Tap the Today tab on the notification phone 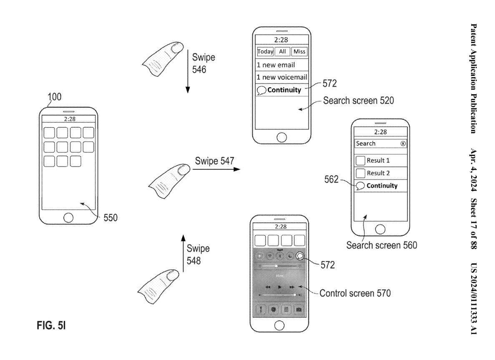point(265,52)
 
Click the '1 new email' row point(276,65)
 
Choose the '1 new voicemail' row point(282,78)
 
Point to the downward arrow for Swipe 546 point(188,71)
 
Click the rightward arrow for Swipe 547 point(217,169)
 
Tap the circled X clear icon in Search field point(403,143)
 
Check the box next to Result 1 point(360,161)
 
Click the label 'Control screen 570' point(355,294)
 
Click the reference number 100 point(54,98)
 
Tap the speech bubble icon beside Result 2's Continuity point(360,186)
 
